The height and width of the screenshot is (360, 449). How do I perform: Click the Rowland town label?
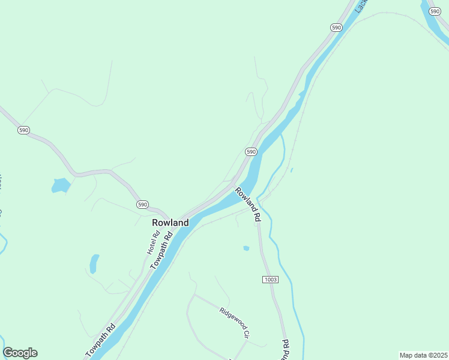[170, 223]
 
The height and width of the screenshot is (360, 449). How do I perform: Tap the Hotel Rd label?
[152, 242]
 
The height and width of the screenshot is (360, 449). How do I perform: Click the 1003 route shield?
[270, 280]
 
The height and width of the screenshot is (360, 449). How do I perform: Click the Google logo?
[20, 353]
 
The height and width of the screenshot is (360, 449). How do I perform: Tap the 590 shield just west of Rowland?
[142, 205]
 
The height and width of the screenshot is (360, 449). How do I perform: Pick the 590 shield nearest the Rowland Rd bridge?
[251, 151]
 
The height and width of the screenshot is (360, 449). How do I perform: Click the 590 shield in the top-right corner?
[435, 11]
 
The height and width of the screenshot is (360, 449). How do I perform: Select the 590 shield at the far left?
[23, 130]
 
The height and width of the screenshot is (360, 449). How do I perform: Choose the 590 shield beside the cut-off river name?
[336, 28]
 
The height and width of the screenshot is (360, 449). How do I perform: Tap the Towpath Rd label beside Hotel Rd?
[162, 251]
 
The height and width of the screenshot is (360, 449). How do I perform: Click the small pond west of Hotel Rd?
[94, 263]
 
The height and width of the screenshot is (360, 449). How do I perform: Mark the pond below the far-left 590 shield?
[60, 185]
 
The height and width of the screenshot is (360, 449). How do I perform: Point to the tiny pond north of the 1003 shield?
[246, 248]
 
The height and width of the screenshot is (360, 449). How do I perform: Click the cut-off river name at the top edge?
[361, 5]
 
